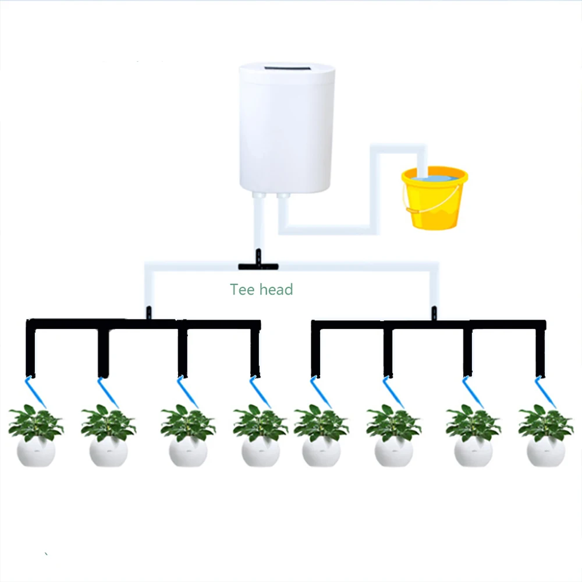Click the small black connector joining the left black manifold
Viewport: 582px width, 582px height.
(x=149, y=313)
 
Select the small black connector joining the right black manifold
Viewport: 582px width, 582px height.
(x=434, y=313)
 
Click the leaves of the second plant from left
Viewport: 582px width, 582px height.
(x=108, y=422)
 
